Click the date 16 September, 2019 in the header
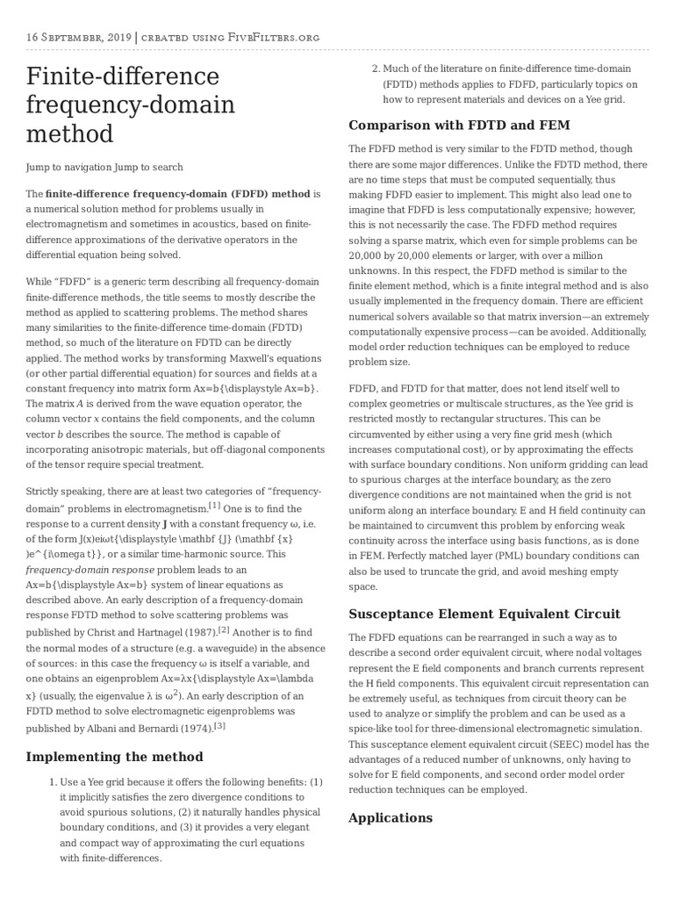coord(79,37)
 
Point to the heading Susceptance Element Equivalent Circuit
coord(484,613)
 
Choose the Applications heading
coord(391,817)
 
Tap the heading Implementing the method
coord(114,756)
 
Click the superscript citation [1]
coord(214,506)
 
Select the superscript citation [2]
coord(224,629)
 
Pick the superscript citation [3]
coord(219,725)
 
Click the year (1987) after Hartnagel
coord(193,632)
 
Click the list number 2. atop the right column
coord(375,69)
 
